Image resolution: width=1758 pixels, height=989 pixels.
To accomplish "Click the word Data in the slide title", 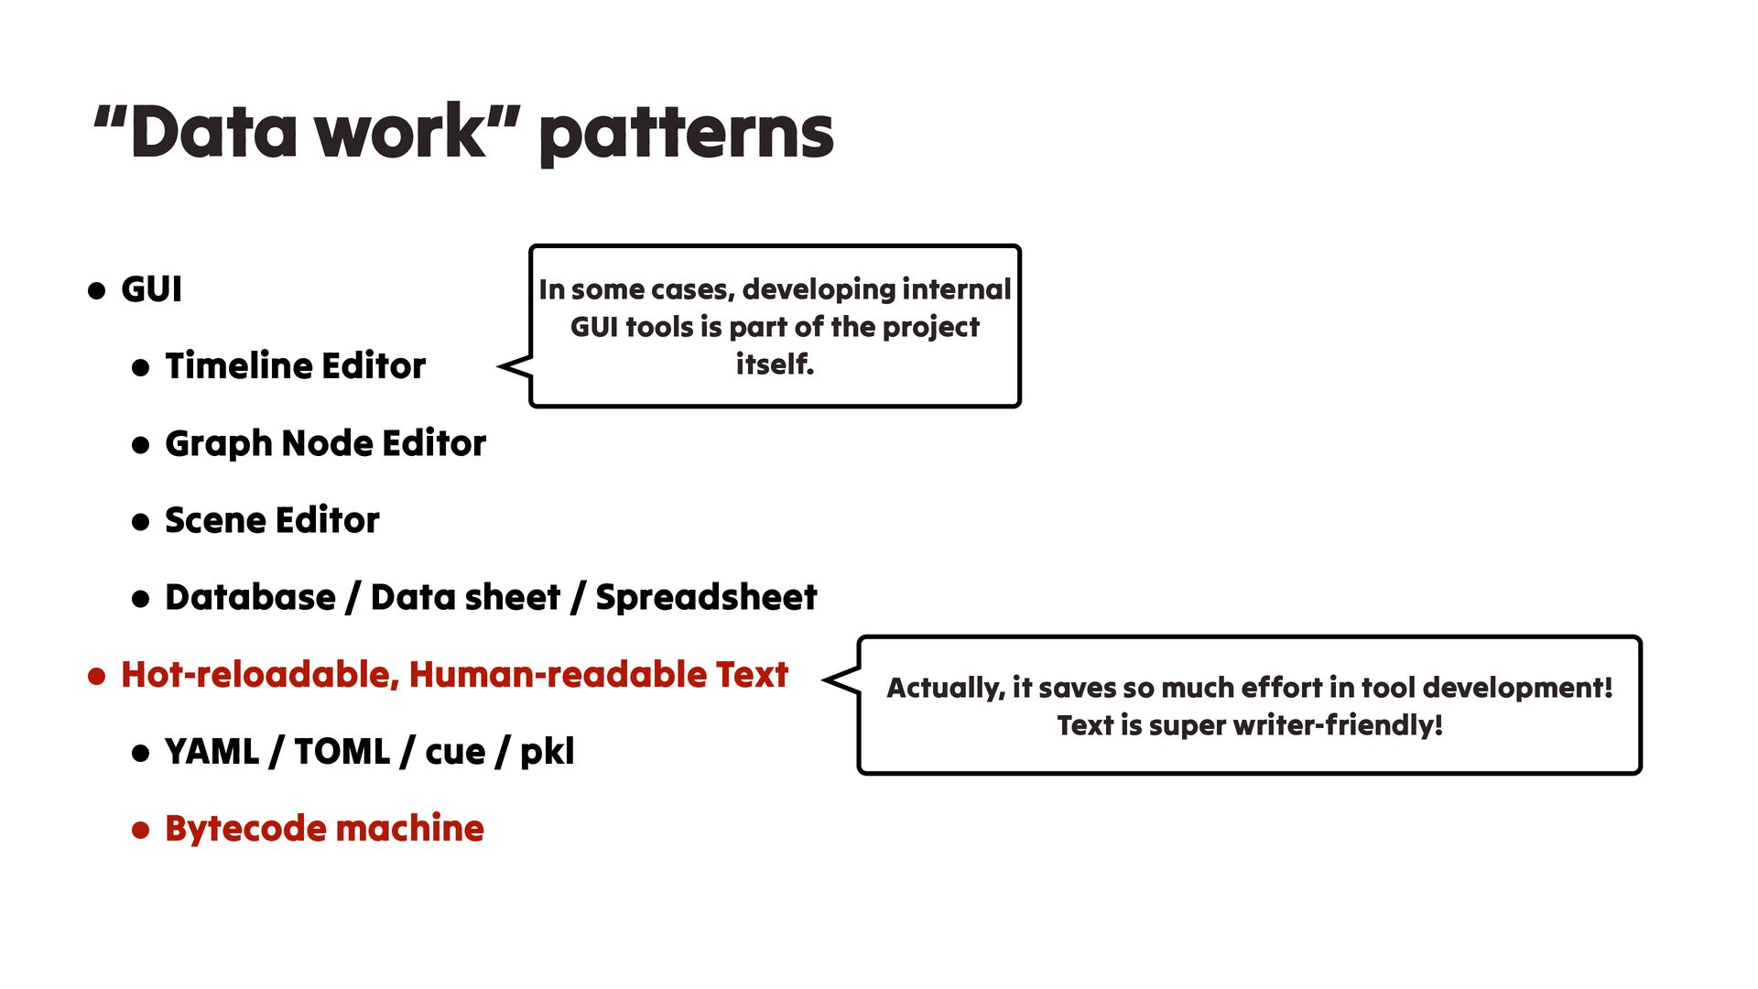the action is pyautogui.click(x=213, y=133).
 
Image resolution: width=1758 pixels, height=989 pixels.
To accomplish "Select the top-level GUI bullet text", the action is pyautogui.click(x=151, y=289).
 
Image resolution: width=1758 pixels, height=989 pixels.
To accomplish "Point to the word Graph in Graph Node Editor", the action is pyautogui.click(x=218, y=444).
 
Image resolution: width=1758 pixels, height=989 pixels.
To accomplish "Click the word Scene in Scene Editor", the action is pyautogui.click(x=214, y=520).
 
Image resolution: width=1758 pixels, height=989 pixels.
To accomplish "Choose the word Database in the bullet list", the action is pyautogui.click(x=250, y=597).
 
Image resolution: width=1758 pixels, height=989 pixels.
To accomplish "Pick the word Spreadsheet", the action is pyautogui.click(x=706, y=597).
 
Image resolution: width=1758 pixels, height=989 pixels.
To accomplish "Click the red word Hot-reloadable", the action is pyautogui.click(x=259, y=675).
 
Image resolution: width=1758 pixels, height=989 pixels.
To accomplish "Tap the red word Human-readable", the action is pyautogui.click(x=558, y=675).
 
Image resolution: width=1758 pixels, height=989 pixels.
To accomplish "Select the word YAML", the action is pyautogui.click(x=212, y=752).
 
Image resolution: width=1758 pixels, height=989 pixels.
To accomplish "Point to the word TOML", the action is pyautogui.click(x=342, y=752).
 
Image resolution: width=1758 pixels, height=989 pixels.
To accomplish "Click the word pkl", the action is pyautogui.click(x=547, y=752).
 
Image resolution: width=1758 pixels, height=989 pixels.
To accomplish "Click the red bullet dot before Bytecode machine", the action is pyautogui.click(x=140, y=831).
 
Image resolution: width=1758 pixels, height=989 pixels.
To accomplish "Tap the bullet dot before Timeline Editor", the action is pyautogui.click(x=140, y=368).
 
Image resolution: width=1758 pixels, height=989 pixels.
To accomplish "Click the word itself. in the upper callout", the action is pyautogui.click(x=775, y=364).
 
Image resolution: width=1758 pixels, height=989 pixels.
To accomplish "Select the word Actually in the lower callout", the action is pyautogui.click(x=944, y=688).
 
